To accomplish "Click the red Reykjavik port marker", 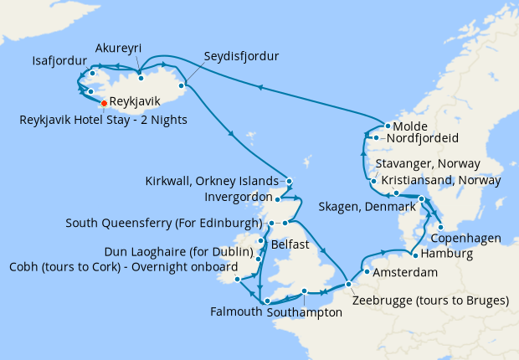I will tap(103, 103).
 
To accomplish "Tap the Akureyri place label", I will tap(118, 49).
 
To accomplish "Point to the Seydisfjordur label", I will tap(241, 57).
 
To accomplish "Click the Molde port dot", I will tap(388, 126).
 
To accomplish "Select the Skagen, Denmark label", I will tap(367, 206).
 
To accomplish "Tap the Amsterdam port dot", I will tap(367, 271).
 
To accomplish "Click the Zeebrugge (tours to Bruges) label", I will tap(431, 301).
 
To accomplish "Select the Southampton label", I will tap(304, 312).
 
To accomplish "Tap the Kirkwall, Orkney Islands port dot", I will tap(288, 182).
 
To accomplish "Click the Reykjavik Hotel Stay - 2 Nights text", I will tap(103, 120).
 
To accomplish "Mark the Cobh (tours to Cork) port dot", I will tap(239, 279).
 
